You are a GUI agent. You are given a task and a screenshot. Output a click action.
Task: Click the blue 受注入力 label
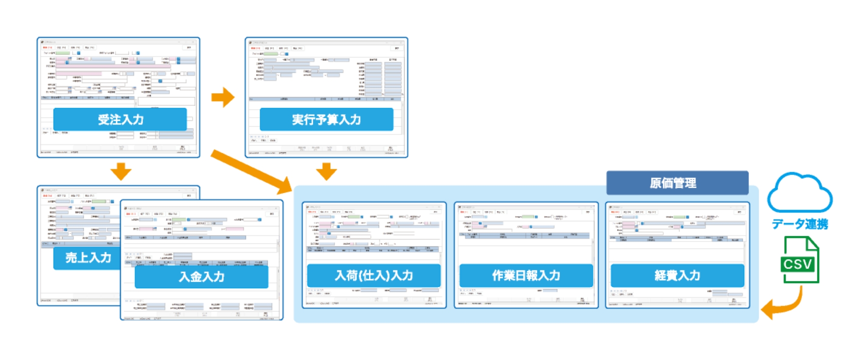[x=120, y=120]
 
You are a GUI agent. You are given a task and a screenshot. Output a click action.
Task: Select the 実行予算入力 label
[x=326, y=120]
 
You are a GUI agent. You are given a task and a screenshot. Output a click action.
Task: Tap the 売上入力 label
[x=88, y=258]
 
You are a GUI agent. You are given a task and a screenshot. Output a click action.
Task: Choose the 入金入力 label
[x=201, y=277]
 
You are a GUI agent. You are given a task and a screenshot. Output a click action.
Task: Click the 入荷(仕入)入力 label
[x=374, y=276]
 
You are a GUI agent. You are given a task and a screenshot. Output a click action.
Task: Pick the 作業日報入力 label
[x=526, y=276]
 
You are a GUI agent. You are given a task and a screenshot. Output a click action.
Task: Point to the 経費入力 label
[x=677, y=276]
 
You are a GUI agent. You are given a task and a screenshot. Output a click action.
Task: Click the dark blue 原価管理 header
[x=677, y=183]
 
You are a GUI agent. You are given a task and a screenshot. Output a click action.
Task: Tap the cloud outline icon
[x=800, y=194]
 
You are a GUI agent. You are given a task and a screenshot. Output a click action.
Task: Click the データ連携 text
[x=800, y=224]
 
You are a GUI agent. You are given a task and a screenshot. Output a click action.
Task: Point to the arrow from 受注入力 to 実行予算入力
[x=223, y=97]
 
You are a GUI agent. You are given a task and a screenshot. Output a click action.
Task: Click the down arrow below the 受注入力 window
[x=121, y=171]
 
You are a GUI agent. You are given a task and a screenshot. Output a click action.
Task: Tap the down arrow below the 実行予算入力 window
[x=326, y=171]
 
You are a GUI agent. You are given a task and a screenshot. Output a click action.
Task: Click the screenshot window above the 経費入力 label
[x=677, y=232]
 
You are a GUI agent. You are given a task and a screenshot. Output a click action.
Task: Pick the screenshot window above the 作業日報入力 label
[x=526, y=232]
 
